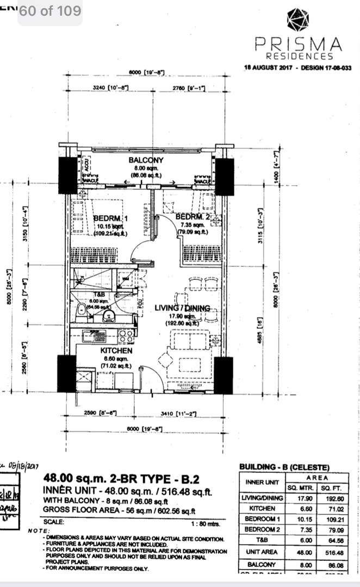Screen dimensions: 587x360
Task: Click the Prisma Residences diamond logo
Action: tap(297, 20)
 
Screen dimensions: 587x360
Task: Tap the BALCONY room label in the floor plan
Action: tap(146, 160)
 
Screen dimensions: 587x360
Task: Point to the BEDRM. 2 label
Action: tap(193, 217)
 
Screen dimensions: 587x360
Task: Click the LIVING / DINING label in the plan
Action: tap(182, 308)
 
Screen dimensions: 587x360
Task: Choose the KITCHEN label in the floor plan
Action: tap(116, 351)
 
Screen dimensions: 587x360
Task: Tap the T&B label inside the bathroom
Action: tap(96, 294)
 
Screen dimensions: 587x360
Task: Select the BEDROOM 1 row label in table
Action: tap(262, 519)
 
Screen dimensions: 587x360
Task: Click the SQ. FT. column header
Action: tap(331, 488)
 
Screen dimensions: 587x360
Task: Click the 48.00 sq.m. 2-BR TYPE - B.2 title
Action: tap(121, 479)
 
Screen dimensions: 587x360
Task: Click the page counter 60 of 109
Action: tap(50, 10)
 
